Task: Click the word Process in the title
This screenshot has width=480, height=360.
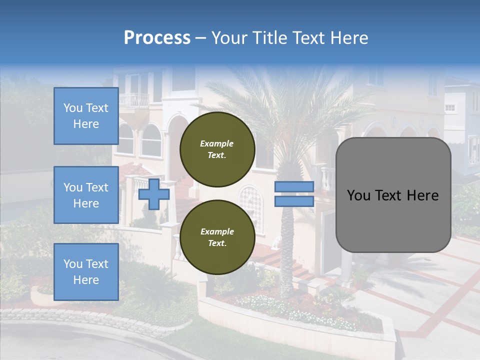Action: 157,38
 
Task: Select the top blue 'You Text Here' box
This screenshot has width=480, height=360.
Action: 86,116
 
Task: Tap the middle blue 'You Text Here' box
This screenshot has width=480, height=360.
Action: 86,195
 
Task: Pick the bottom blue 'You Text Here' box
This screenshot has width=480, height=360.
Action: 86,271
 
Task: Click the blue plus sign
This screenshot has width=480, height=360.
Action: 154,194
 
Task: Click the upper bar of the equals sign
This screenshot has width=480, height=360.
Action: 294,187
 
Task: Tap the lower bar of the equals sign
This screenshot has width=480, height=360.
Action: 294,201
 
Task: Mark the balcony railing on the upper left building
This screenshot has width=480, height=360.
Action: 133,100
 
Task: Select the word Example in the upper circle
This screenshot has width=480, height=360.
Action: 217,143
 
